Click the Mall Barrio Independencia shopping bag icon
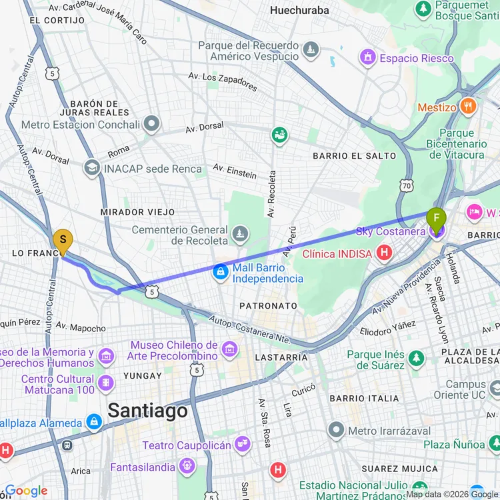220,272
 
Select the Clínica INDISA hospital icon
384,253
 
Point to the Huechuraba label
299,11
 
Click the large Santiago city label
147,410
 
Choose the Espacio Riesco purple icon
367,58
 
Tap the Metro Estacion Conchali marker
153,124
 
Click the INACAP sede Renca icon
92,168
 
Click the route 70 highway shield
406,186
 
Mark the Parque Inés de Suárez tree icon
417,359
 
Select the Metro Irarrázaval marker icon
336,430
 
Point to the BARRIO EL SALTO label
355,156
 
